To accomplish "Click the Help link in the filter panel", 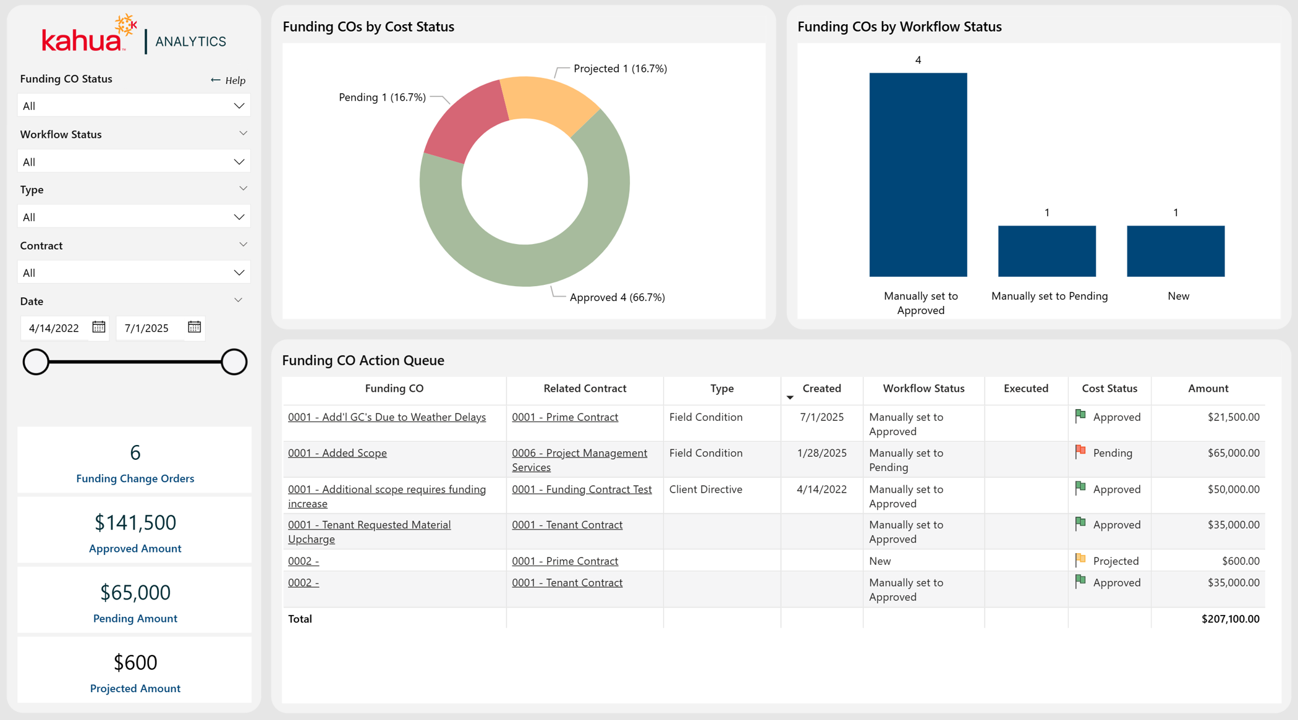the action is pos(228,80).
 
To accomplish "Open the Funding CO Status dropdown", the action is pos(134,106).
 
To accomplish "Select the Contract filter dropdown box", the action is pos(134,273).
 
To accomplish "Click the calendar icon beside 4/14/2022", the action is pos(99,327).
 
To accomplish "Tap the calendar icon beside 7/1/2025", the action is pos(195,327).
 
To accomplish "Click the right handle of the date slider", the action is pos(234,362).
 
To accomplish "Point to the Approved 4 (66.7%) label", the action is pos(617,297).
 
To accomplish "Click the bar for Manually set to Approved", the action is pos(918,175).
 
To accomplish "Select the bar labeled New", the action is pos(1176,251).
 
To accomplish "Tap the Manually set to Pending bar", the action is pos(1047,251).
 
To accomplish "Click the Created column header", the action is pos(821,388).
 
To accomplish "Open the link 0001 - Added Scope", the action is pos(337,453).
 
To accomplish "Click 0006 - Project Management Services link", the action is pos(580,460).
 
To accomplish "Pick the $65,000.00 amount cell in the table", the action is pos(1233,453).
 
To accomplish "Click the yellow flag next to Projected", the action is pos(1080,560).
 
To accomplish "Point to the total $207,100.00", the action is pos(1230,619).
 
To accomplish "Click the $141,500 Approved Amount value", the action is pos(135,523).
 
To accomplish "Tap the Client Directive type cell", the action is pos(705,489).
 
